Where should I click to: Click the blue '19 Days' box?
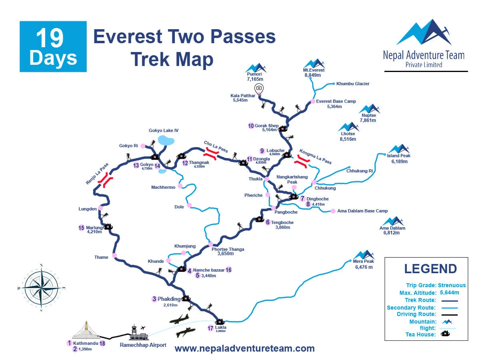click(53, 46)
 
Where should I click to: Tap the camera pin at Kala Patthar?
click(259, 88)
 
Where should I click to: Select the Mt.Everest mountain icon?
click(314, 63)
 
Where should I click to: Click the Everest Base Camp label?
click(336, 102)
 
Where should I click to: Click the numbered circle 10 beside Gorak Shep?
click(251, 126)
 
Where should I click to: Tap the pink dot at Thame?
click(114, 256)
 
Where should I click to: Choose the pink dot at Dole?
click(189, 205)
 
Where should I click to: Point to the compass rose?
click(41, 288)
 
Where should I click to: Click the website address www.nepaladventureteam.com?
click(244, 348)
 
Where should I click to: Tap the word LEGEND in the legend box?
click(430, 268)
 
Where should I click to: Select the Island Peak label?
click(398, 156)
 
